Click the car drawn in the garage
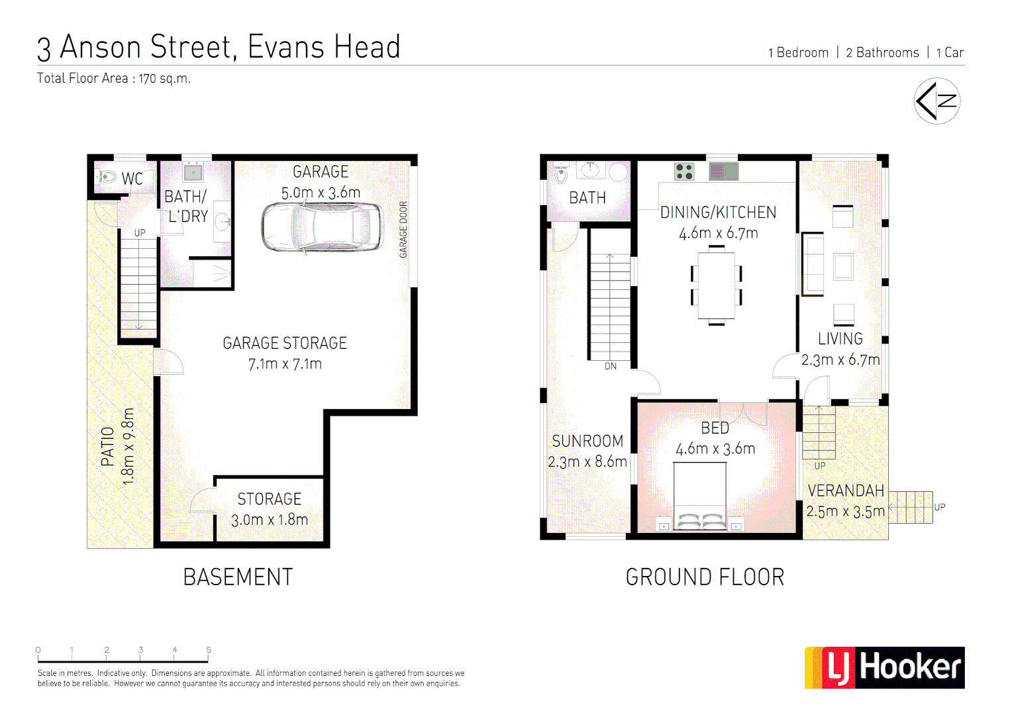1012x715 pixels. pyautogui.click(x=322, y=227)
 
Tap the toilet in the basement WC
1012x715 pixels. pyautogui.click(x=107, y=177)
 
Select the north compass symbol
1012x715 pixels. pyautogui.click(x=936, y=101)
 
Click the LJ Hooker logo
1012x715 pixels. pyautogui.click(x=884, y=667)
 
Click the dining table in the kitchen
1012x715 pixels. pyautogui.click(x=716, y=285)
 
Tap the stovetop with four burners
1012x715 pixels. pyautogui.click(x=684, y=171)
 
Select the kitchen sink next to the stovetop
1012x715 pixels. pyautogui.click(x=723, y=171)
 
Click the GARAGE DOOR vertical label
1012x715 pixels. pyautogui.click(x=403, y=229)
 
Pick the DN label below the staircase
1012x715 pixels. pyautogui.click(x=610, y=366)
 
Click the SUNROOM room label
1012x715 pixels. pyautogui.click(x=587, y=441)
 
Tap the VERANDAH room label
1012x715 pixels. pyautogui.click(x=846, y=491)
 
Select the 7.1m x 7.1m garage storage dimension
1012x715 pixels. pyautogui.click(x=285, y=364)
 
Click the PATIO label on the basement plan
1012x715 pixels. pyautogui.click(x=107, y=446)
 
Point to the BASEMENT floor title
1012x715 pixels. pyautogui.click(x=238, y=577)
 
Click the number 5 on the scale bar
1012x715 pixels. pyautogui.click(x=209, y=650)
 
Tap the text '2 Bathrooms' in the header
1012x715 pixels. pyautogui.click(x=882, y=53)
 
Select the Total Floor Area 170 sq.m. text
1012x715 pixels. pyautogui.click(x=114, y=78)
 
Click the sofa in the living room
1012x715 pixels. pyautogui.click(x=812, y=264)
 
